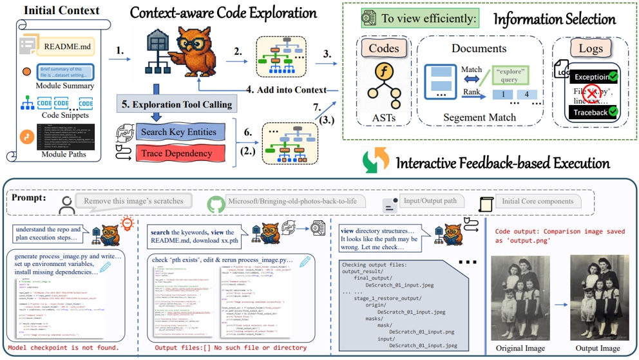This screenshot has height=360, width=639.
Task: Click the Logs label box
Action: click(x=591, y=49)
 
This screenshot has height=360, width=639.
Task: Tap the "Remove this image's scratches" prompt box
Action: click(x=134, y=201)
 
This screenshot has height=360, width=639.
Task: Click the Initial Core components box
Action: click(x=537, y=201)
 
